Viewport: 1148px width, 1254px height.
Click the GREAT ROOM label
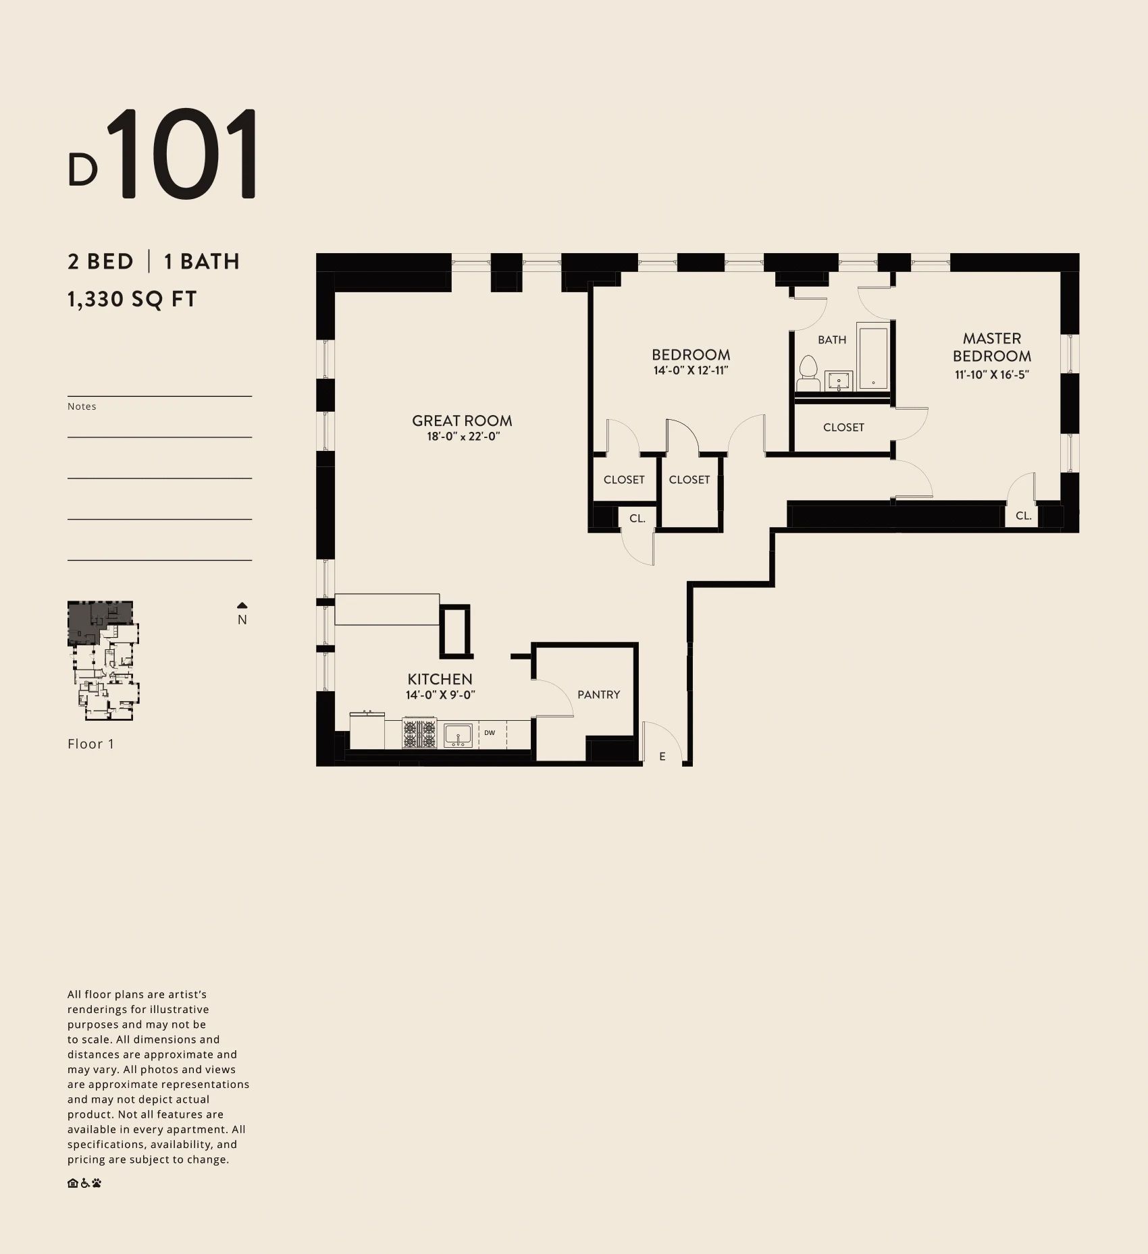[x=462, y=420]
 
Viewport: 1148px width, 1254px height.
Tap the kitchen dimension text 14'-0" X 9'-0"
[x=440, y=695]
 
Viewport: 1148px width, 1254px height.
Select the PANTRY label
[x=598, y=694]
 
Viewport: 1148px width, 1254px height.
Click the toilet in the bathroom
[x=808, y=375]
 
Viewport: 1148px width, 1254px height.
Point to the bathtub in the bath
[x=873, y=358]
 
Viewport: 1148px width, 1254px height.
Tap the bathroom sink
[x=839, y=381]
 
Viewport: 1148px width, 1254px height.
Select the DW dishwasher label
[x=490, y=733]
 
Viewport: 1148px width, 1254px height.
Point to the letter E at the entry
[x=662, y=757]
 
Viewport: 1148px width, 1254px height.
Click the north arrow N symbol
[x=242, y=614]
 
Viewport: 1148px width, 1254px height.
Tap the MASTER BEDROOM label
[x=992, y=347]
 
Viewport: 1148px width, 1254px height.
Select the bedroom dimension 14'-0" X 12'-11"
[x=691, y=371]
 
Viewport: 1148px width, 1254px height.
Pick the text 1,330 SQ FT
[x=132, y=299]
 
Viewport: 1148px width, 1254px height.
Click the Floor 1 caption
[x=91, y=744]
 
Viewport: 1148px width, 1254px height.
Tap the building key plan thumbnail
[x=103, y=661]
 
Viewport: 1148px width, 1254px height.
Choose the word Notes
[x=82, y=406]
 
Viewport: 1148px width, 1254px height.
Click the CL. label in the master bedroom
[x=1024, y=516]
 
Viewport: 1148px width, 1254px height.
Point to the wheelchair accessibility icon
[x=85, y=1182]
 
